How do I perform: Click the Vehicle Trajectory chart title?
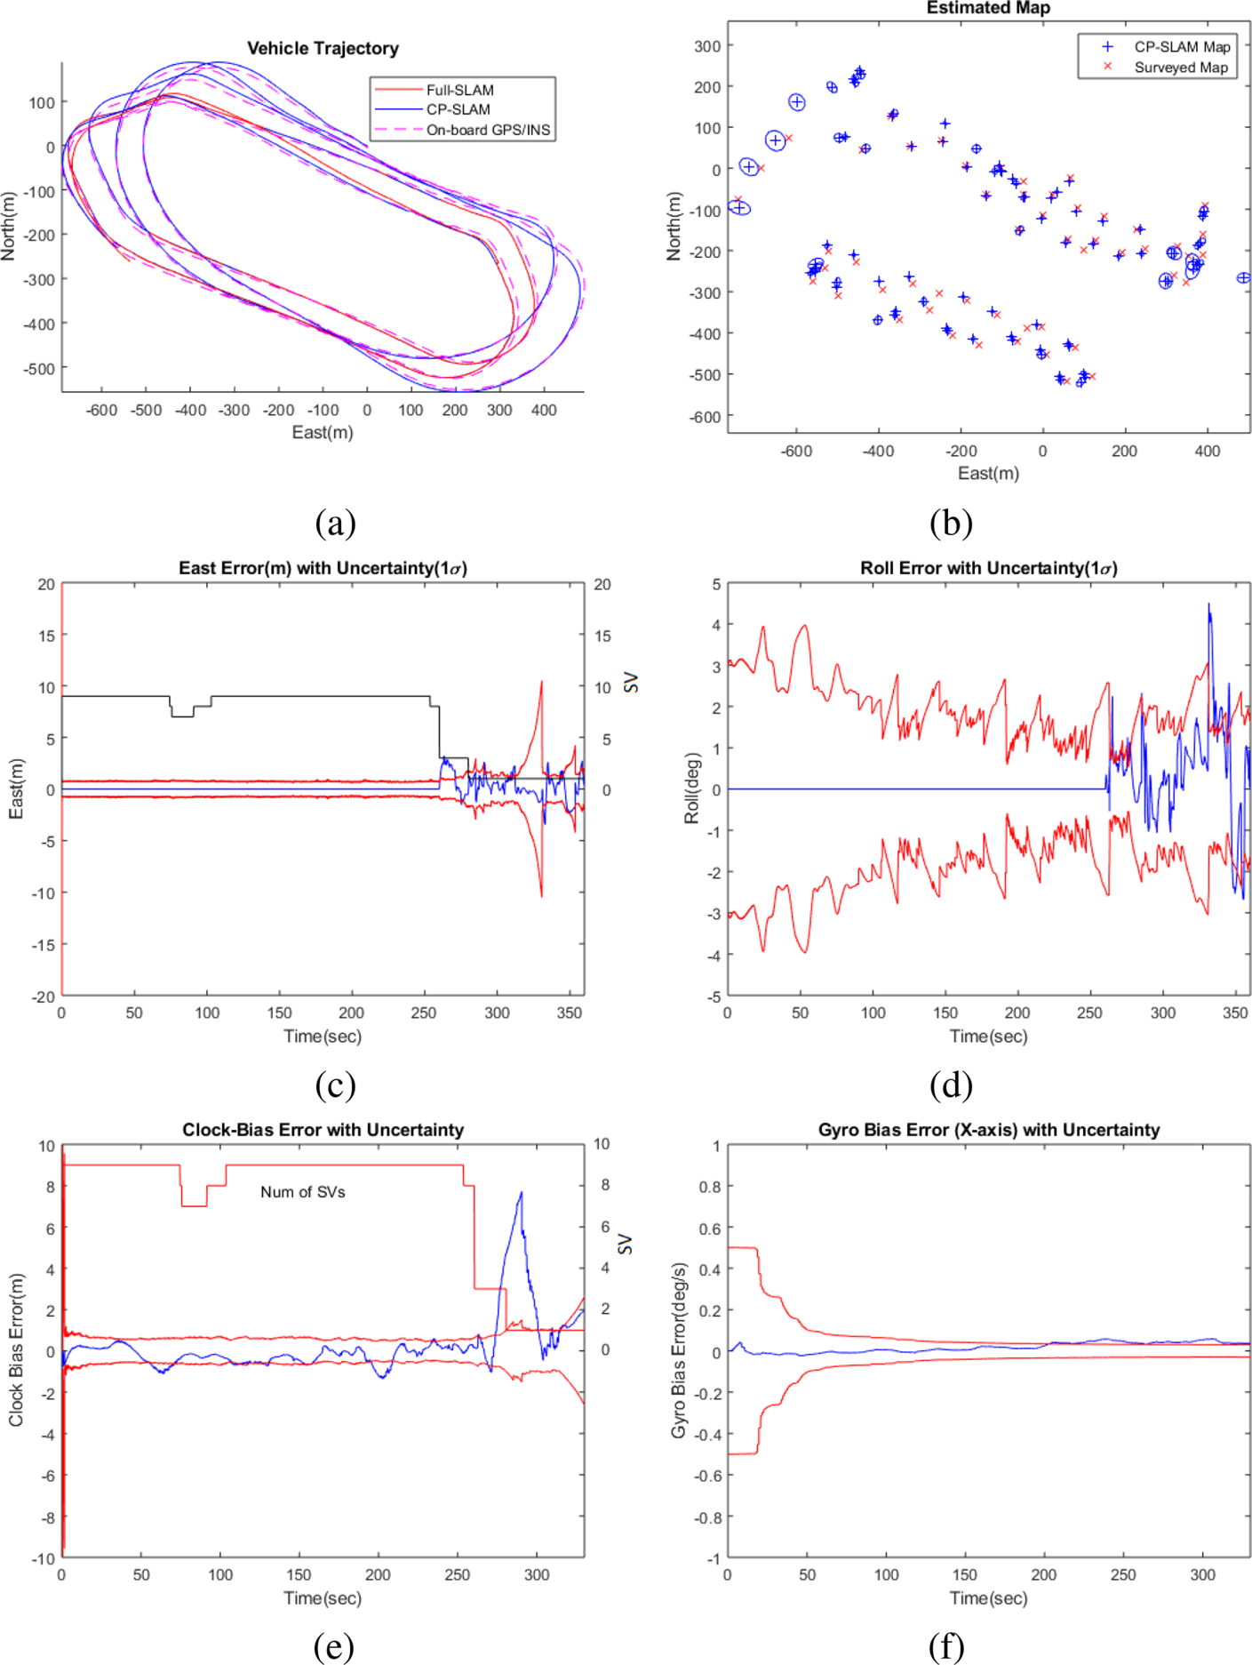pos(323,48)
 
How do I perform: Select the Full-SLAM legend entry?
pos(459,90)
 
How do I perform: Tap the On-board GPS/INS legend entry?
pos(488,130)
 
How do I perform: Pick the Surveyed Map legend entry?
pos(1180,67)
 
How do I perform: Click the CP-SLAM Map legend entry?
pos(1182,46)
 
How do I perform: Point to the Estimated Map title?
pos(988,8)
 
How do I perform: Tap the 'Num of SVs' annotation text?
pos(302,1192)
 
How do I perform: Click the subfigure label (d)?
pos(951,1085)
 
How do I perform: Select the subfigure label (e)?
pos(334,1646)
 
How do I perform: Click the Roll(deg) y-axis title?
pos(691,788)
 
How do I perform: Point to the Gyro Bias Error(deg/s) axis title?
pos(679,1350)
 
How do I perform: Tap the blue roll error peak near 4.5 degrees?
pos(1208,605)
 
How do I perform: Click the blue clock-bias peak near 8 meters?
pos(521,1194)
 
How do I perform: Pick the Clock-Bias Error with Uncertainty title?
pos(323,1130)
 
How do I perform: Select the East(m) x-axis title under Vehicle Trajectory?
pos(323,432)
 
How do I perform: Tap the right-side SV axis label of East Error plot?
pos(631,683)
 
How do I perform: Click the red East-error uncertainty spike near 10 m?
pos(541,683)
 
